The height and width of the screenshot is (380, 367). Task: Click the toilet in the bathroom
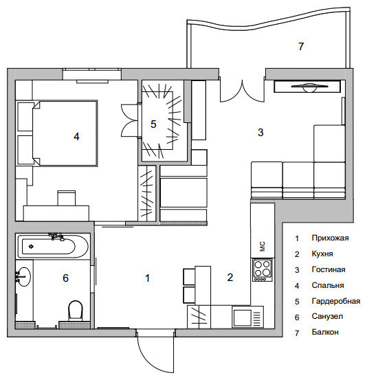76,310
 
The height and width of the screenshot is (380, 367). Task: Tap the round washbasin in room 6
24,276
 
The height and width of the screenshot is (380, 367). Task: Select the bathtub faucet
57,236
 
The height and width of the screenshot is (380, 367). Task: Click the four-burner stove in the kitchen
263,270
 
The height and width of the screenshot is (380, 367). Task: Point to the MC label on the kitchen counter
263,247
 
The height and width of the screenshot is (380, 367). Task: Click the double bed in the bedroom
65,133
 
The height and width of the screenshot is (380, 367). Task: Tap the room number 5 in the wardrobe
153,124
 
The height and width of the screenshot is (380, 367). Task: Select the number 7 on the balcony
301,46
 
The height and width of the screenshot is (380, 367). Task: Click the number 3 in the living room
260,133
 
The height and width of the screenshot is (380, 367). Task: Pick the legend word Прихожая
330,238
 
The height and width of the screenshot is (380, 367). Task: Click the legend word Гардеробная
336,301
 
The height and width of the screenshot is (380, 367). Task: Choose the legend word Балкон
325,332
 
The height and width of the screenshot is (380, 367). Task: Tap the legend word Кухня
322,254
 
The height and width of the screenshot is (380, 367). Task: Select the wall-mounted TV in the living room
307,87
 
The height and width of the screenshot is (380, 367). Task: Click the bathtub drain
31,247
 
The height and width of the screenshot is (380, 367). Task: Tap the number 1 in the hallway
147,278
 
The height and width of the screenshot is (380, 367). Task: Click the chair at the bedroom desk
67,198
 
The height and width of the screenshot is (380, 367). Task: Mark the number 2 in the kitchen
230,277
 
